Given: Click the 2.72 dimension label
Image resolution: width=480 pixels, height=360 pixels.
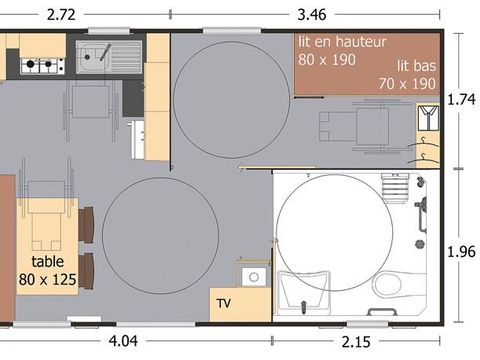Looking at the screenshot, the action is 61,15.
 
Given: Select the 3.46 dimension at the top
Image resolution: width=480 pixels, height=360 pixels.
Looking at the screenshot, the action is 312,15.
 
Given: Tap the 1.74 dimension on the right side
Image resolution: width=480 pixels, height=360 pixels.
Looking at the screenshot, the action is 461,99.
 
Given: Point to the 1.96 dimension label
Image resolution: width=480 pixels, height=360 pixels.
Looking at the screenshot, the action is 461,252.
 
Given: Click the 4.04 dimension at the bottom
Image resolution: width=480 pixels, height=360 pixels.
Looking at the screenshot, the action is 123,341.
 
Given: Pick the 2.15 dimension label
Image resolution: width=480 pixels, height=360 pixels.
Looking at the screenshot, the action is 356,342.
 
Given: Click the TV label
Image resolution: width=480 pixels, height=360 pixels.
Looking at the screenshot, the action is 223,303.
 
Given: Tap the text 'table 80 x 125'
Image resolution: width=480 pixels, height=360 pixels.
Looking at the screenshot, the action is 47,271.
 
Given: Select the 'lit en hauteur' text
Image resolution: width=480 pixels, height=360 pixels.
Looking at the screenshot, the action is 342,42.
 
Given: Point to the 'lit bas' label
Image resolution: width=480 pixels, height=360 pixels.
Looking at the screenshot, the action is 416,66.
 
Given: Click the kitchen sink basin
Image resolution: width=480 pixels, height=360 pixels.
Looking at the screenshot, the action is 90,56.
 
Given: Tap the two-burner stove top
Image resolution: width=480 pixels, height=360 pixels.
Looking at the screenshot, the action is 42,66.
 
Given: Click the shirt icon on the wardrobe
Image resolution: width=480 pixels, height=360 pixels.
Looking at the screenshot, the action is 428,118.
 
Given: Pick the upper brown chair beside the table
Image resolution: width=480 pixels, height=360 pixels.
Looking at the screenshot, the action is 87,225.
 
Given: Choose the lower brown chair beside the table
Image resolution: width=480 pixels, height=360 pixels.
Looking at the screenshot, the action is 87,271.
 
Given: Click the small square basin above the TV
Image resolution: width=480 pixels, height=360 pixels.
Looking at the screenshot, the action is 254,277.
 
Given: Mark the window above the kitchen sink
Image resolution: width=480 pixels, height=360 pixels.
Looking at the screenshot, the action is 109,31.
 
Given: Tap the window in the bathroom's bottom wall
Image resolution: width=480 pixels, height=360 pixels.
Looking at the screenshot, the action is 367,323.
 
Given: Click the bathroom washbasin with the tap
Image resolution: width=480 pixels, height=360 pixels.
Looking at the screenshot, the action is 303,293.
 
